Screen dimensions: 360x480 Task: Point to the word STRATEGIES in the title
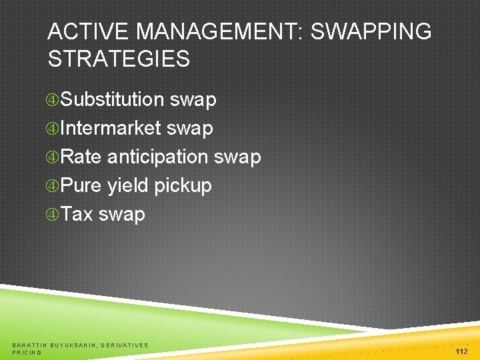click(119, 59)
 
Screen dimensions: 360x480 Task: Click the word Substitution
click(112, 100)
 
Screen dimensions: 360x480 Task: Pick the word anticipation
click(158, 157)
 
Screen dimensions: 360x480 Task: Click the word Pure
click(81, 186)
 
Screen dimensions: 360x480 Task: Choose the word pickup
click(183, 186)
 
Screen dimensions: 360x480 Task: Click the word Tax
click(77, 215)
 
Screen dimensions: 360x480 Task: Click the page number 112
click(461, 351)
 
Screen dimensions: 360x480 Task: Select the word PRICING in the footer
click(27, 353)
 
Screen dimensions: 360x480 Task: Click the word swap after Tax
click(121, 215)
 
